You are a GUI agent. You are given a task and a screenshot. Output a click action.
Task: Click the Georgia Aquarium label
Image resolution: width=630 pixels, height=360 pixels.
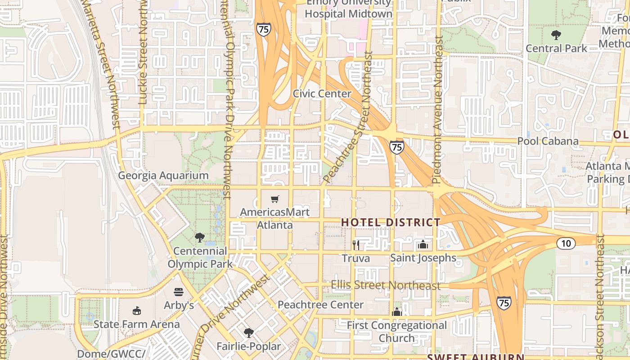[163, 175]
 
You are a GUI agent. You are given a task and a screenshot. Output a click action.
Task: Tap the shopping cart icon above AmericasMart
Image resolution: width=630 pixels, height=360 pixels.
[274, 199]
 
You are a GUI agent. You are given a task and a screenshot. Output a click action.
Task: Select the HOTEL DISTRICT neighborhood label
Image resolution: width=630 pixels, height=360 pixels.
[391, 222]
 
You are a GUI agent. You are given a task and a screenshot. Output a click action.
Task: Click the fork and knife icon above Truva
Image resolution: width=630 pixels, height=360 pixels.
[356, 245]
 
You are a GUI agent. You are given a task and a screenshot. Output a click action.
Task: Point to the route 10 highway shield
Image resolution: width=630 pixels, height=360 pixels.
[566, 243]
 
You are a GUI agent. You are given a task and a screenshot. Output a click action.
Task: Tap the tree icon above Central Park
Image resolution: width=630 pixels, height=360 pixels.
[556, 35]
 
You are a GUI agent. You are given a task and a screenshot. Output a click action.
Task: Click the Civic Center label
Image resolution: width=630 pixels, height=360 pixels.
[322, 94]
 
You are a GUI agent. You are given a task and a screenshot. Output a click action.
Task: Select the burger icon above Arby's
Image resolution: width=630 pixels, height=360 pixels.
[179, 292]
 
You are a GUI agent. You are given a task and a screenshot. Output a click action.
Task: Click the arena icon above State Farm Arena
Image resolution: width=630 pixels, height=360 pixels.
[137, 310]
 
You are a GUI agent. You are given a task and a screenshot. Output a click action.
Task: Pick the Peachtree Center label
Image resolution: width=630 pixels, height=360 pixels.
[320, 305]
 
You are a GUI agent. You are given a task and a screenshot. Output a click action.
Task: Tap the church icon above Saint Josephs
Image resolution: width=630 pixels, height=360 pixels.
[423, 245]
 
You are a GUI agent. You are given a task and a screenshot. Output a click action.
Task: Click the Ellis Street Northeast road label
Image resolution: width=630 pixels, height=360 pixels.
[386, 285]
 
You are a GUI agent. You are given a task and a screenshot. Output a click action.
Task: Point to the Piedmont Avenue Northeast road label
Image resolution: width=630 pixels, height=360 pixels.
[437, 109]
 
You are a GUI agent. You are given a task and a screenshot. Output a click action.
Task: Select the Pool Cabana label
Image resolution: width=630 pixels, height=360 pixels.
[548, 141]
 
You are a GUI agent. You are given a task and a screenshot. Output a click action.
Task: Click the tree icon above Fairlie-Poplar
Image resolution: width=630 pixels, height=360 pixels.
[248, 333]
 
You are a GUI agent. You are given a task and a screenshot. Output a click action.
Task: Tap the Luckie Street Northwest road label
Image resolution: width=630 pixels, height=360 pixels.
[144, 54]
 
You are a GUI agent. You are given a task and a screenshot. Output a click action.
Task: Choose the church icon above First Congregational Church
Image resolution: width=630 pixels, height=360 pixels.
[396, 312]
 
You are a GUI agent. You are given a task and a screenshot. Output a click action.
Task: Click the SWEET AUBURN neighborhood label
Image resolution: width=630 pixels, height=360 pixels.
[475, 357]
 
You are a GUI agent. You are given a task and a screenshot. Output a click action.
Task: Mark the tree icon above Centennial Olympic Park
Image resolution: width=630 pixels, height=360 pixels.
[200, 238]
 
